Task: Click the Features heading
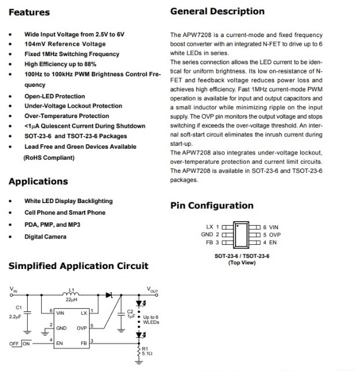point(30,12)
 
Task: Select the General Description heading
point(217,12)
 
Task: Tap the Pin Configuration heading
point(212,205)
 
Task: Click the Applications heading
point(38,182)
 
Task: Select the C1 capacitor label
point(19,307)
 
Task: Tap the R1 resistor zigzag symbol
point(138,353)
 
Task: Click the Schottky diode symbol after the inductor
point(108,294)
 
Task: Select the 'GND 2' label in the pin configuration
point(210,235)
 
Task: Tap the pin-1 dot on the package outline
point(236,224)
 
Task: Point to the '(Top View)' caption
point(242,263)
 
